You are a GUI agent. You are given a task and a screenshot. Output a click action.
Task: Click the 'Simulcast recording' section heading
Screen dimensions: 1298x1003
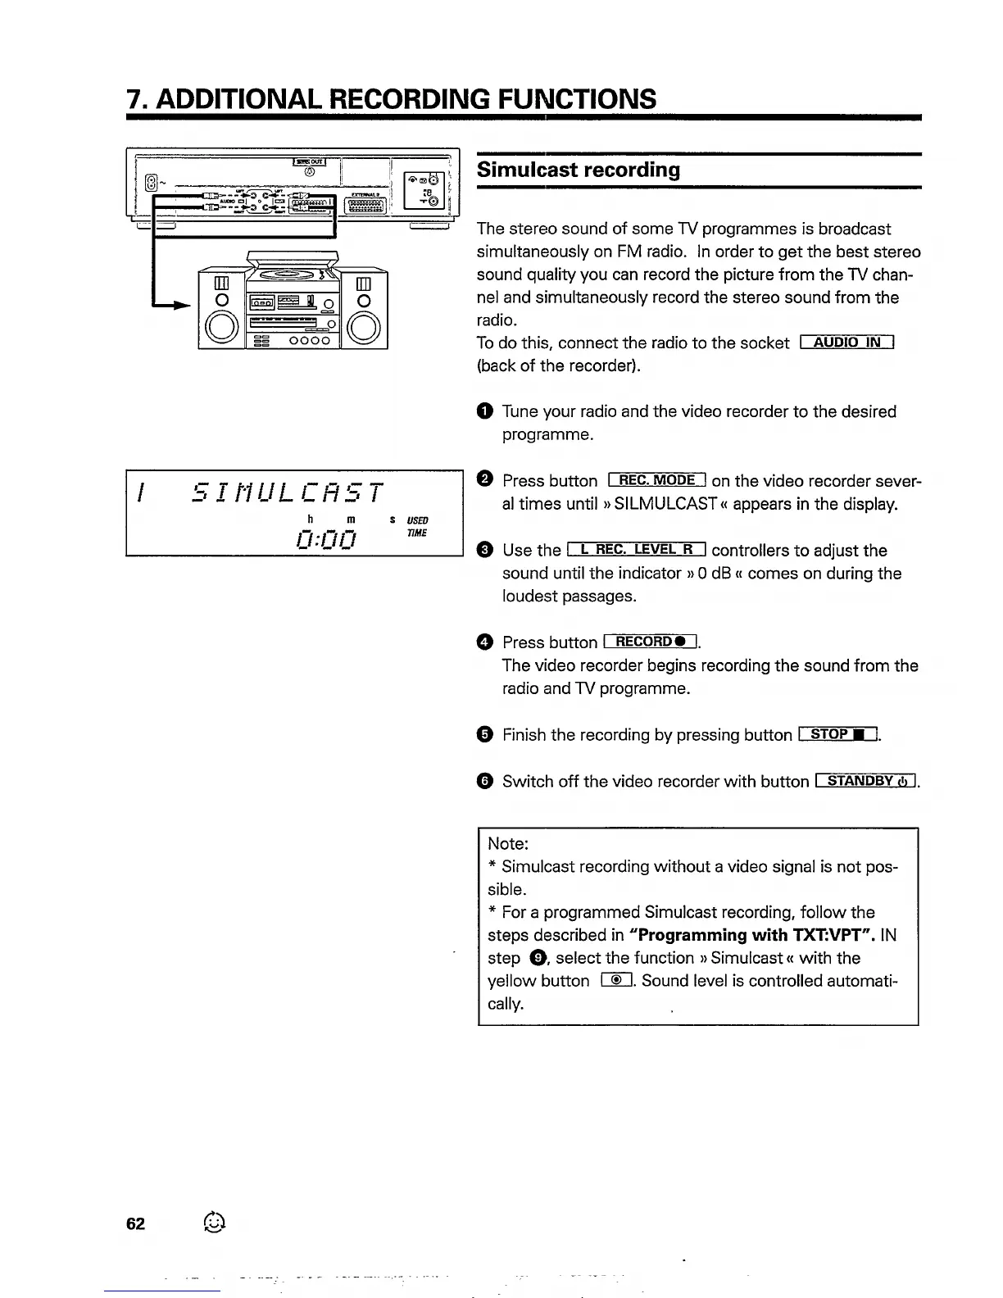579,170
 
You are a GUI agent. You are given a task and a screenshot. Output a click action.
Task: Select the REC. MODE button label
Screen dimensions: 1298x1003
657,480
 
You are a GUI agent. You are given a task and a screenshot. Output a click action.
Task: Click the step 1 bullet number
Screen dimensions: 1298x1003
484,411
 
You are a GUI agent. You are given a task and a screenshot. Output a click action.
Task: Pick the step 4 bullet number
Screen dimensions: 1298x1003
484,642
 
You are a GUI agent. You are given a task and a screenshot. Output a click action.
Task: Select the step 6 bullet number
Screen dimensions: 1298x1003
484,781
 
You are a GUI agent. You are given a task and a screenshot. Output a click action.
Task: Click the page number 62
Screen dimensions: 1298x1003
135,1223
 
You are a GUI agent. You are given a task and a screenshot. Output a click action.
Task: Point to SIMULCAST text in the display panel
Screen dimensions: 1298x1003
286,492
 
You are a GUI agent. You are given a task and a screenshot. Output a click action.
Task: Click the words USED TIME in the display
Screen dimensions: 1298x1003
417,527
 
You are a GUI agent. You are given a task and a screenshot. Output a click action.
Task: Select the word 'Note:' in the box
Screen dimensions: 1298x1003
508,843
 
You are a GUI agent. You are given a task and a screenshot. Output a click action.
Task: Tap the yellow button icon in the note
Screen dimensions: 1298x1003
616,981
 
